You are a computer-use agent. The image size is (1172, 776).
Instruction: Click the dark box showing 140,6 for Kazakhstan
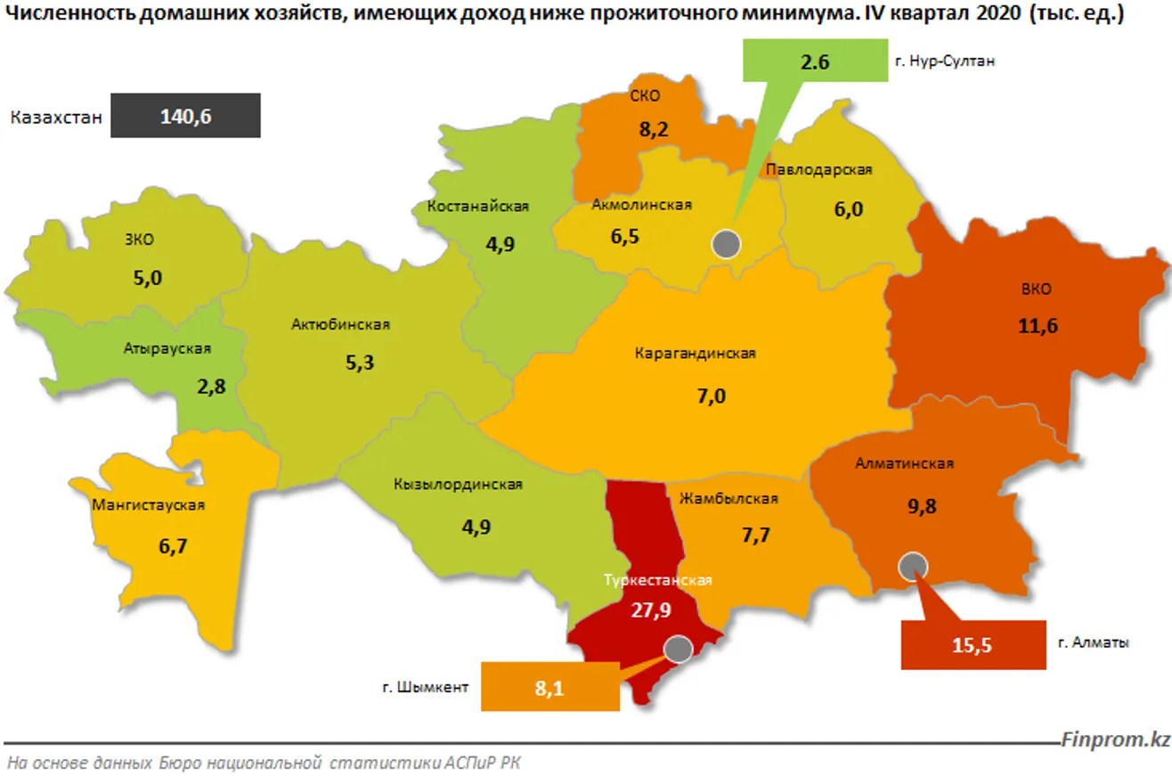(x=185, y=116)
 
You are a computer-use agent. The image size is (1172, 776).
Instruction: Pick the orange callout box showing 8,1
(x=549, y=687)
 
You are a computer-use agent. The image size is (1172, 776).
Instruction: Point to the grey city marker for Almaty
(x=913, y=566)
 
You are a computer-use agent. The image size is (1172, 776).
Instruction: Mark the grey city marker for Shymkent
(x=678, y=649)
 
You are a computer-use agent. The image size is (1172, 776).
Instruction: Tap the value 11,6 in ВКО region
(x=1037, y=326)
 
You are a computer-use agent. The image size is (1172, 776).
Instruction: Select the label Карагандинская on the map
(x=695, y=354)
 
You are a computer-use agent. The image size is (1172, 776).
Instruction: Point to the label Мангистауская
(x=149, y=505)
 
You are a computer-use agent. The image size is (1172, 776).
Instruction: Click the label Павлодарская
(x=818, y=169)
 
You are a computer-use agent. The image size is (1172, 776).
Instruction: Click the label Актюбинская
(x=340, y=324)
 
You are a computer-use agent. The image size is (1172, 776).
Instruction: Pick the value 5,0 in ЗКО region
(x=148, y=277)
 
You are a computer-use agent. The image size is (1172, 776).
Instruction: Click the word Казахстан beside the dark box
(x=56, y=117)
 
